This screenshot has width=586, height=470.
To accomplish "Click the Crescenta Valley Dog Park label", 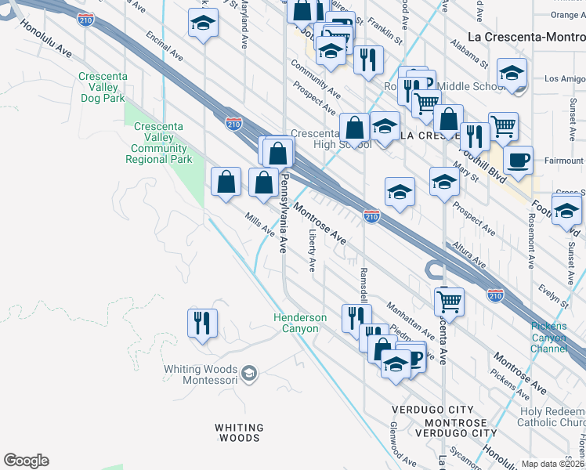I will tap(102, 88).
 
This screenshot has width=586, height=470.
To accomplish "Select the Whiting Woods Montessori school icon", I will tap(248, 374).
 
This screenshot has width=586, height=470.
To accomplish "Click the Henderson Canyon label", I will tap(299, 323).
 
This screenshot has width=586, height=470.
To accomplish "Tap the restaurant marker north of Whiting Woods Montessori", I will tap(202, 323).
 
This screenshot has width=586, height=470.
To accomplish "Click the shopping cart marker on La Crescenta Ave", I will tap(450, 300).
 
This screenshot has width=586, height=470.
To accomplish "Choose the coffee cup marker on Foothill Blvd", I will tap(517, 161).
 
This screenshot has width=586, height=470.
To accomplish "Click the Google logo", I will tap(26, 461).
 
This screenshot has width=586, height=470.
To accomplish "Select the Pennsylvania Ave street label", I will tap(284, 214).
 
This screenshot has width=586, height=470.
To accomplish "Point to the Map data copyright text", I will tap(552, 464).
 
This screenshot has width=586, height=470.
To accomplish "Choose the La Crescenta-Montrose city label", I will tap(526, 36).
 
